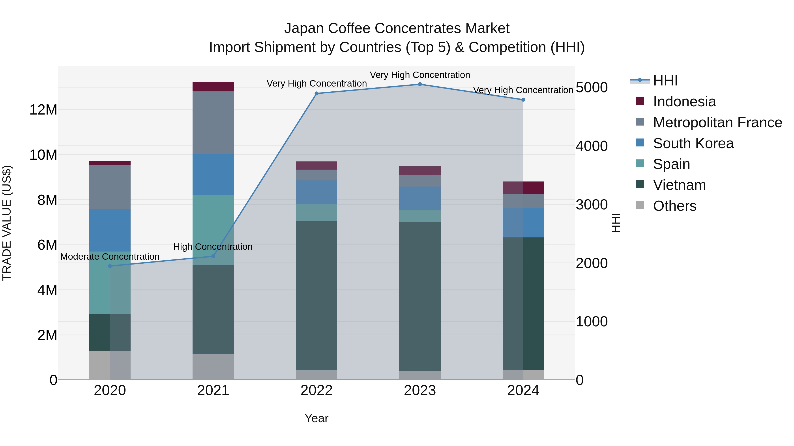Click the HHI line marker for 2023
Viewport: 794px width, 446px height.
click(420, 84)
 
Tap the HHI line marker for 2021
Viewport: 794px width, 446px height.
click(213, 256)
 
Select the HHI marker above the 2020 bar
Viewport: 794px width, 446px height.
click(110, 266)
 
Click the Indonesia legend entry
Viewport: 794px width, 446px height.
click(684, 102)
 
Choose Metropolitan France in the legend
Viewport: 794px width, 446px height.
click(717, 122)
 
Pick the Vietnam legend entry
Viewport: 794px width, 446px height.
click(679, 185)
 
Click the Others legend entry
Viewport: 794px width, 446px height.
click(674, 206)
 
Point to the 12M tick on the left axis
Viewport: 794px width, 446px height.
click(43, 110)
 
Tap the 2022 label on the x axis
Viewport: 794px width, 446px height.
click(316, 390)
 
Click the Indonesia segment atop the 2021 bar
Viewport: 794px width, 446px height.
click(213, 87)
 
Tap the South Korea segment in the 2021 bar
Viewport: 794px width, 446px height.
click(213, 174)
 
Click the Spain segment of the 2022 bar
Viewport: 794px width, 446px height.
click(316, 212)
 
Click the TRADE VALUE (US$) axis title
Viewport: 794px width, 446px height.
click(7, 223)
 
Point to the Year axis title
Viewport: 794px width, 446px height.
click(316, 418)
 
